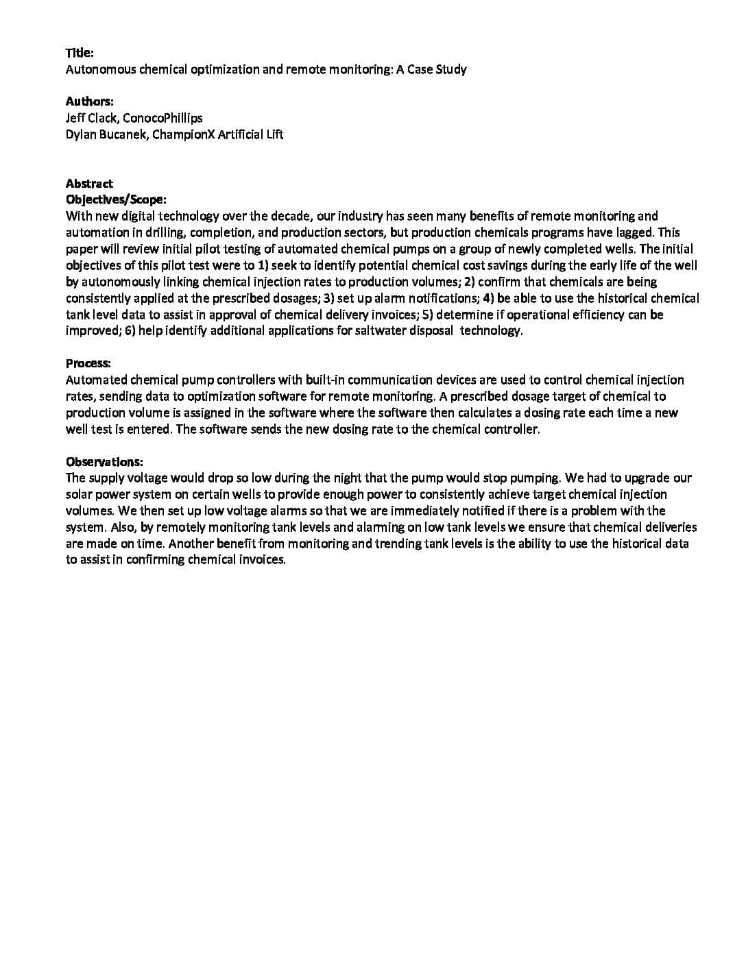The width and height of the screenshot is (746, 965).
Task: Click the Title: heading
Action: (80, 53)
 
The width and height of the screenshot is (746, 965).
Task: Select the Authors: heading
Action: (89, 101)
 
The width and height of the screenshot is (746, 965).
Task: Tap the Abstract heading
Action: (89, 184)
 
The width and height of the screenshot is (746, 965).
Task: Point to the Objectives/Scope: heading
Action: (116, 200)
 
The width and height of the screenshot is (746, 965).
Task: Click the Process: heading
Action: (88, 363)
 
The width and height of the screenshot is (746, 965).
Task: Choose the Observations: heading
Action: (104, 462)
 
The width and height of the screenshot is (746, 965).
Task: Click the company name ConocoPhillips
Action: (163, 118)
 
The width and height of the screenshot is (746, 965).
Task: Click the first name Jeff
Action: (75, 118)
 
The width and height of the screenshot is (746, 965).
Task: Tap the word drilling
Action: (165, 233)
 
